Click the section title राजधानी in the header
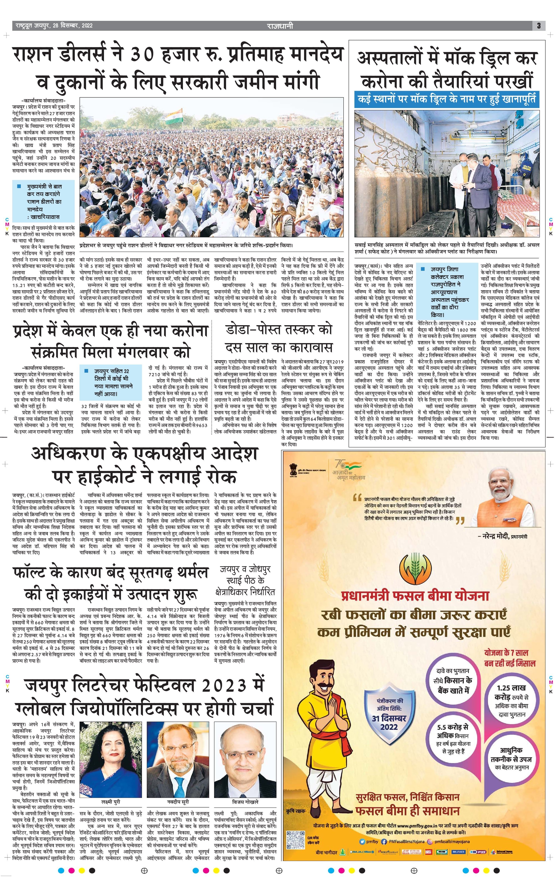(x=280, y=26)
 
